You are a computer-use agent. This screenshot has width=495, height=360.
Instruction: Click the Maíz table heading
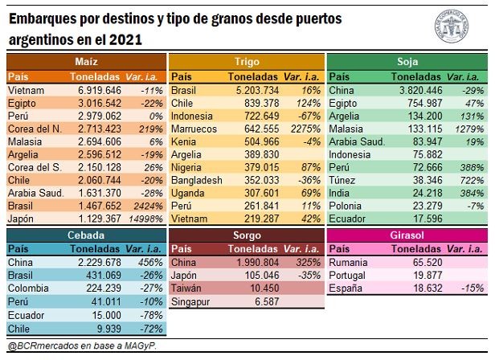click(x=85, y=61)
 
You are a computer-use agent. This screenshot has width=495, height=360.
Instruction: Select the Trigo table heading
click(x=246, y=61)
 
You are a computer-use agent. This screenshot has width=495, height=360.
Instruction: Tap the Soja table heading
click(x=407, y=61)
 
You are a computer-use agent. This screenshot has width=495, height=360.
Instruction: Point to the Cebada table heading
click(x=85, y=235)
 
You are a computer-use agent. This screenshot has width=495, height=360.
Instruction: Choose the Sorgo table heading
click(x=246, y=235)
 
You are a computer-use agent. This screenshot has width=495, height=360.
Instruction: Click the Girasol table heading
click(x=407, y=235)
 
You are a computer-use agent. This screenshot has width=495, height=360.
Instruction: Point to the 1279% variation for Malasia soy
click(x=464, y=129)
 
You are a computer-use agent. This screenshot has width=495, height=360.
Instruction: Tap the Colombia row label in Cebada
click(x=29, y=288)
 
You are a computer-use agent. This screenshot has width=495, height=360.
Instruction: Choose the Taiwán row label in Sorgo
click(x=187, y=288)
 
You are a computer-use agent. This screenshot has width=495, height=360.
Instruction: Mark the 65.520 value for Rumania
click(x=421, y=263)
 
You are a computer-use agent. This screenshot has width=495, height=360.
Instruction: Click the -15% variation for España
click(x=464, y=288)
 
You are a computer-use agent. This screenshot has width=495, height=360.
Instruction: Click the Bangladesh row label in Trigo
click(x=197, y=180)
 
